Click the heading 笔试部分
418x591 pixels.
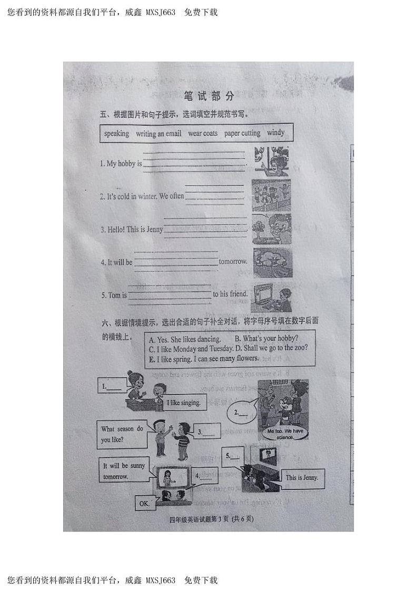(208, 96)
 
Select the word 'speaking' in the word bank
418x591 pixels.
(116, 133)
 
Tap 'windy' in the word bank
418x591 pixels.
(275, 132)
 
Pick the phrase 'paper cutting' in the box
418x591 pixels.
(242, 133)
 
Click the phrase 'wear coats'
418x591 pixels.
(203, 133)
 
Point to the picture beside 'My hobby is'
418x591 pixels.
(271, 161)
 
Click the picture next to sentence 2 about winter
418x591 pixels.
(271, 195)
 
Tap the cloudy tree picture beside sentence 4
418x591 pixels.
(272, 263)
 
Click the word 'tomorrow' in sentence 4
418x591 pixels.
(233, 261)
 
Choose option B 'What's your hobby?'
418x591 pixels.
(266, 339)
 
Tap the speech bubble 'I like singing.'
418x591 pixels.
(184, 403)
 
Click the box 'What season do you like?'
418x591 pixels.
(122, 434)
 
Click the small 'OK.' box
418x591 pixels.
(144, 504)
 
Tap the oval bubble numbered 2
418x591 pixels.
(242, 413)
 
